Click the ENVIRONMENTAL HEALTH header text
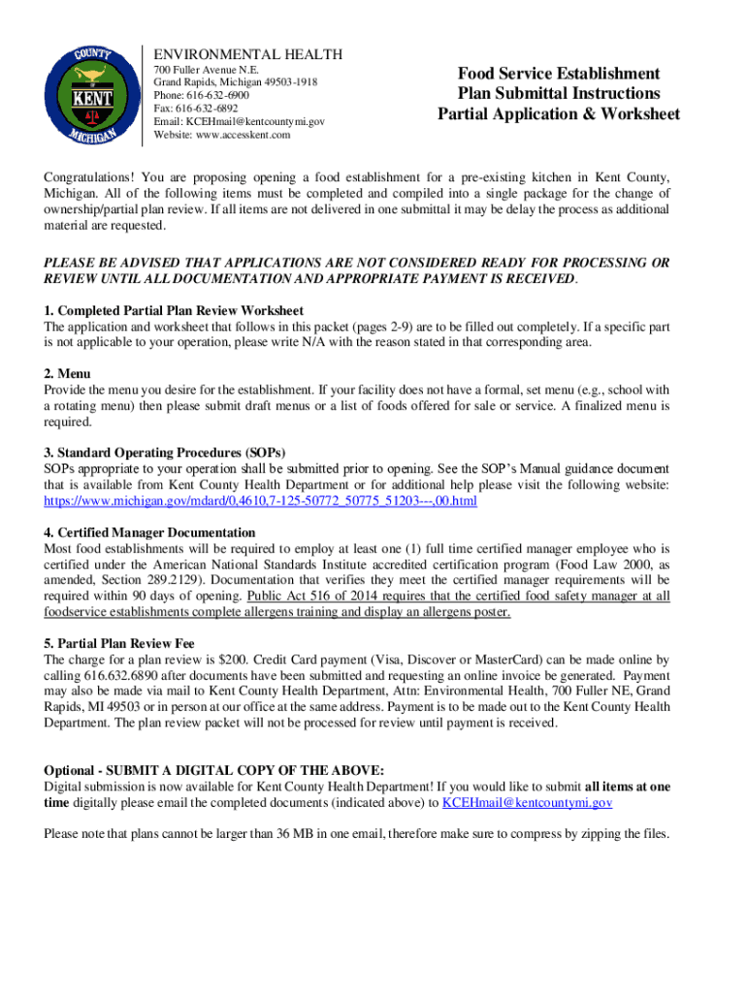coord(247,54)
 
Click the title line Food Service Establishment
coord(559,74)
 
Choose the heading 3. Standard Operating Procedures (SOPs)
coord(164,452)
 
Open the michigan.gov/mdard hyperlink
coord(261,501)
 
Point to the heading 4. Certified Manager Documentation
coord(149,532)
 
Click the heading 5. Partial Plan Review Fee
coord(119,643)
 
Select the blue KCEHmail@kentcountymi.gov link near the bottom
coord(527,803)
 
